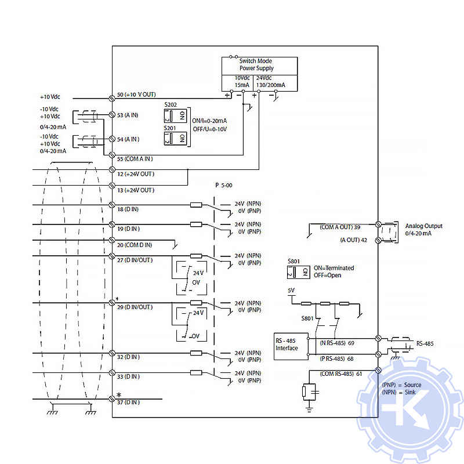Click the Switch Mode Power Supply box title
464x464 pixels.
point(256,64)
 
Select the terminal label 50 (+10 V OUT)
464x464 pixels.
point(136,94)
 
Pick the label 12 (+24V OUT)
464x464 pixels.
point(135,174)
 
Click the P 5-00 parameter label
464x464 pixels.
point(223,185)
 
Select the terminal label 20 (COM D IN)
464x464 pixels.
point(134,245)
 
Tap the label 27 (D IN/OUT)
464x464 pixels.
point(135,260)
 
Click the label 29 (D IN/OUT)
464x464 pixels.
point(135,306)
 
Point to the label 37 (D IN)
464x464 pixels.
point(128,403)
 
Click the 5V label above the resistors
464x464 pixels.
point(291,290)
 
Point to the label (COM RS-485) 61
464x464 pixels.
point(341,374)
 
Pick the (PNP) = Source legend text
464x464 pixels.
point(401,385)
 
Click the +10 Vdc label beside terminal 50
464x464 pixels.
point(50,97)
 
